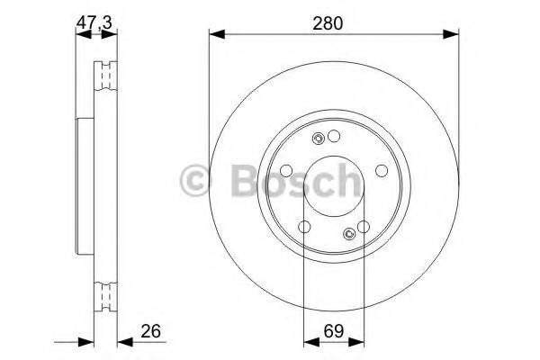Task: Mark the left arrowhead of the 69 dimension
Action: point(310,341)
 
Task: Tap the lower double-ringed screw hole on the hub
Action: point(349,236)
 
